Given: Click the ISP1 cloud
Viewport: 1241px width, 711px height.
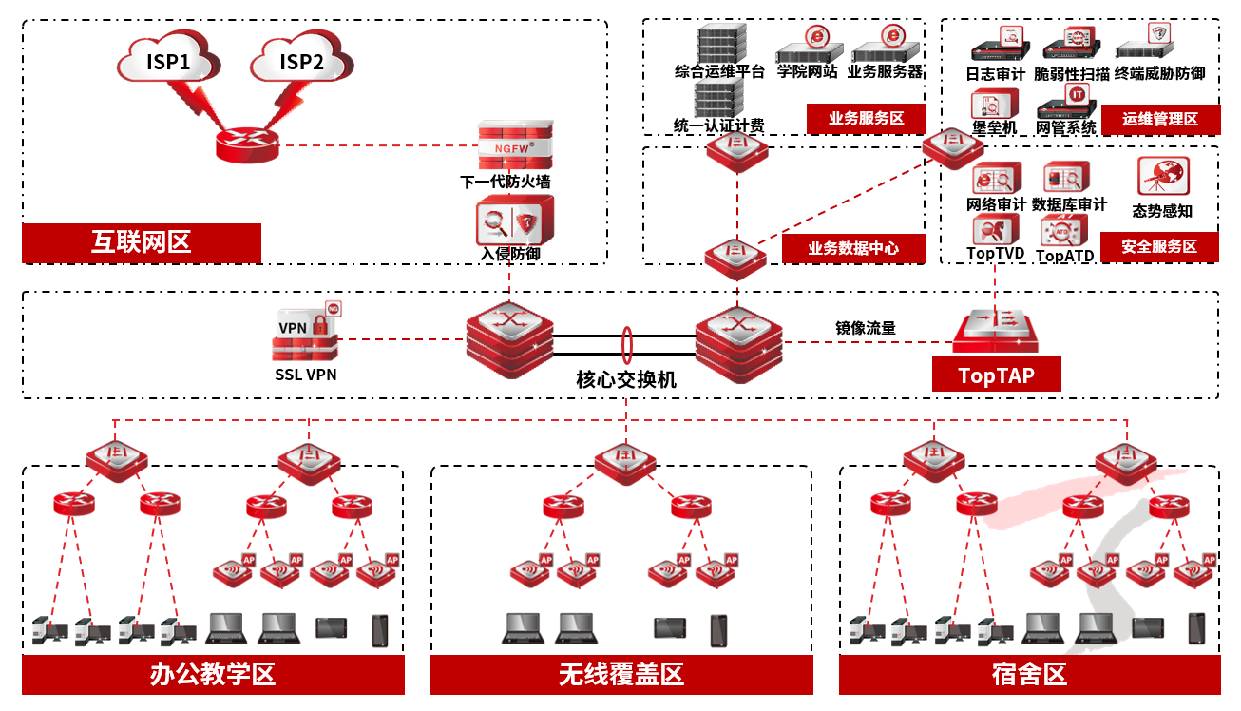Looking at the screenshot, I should tap(168, 61).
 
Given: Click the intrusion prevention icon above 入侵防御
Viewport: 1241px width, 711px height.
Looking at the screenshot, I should tap(510, 222).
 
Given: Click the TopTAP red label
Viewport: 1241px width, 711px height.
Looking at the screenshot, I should tap(996, 375).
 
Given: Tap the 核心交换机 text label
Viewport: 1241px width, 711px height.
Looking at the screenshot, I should tap(626, 378).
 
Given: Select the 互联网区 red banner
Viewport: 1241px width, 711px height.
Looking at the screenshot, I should tap(142, 242).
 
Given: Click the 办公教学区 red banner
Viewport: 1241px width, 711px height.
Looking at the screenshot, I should tap(213, 675).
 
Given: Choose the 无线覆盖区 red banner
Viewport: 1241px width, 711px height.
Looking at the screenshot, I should tap(621, 675).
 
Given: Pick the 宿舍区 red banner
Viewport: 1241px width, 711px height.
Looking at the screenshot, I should tap(1029, 675).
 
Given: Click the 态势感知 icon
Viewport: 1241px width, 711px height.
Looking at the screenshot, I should tap(1163, 178).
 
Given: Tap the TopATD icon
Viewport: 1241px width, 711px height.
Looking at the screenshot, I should tap(1063, 231).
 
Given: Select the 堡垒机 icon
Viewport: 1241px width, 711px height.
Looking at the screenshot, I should tap(993, 104).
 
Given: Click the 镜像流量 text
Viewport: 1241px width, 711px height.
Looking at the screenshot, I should tap(865, 328).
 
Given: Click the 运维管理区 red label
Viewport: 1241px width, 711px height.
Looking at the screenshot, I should tap(1159, 120).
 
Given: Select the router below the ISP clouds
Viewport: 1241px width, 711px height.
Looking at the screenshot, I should tap(247, 145).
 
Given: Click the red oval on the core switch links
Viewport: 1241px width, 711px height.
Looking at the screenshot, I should tap(626, 342).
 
